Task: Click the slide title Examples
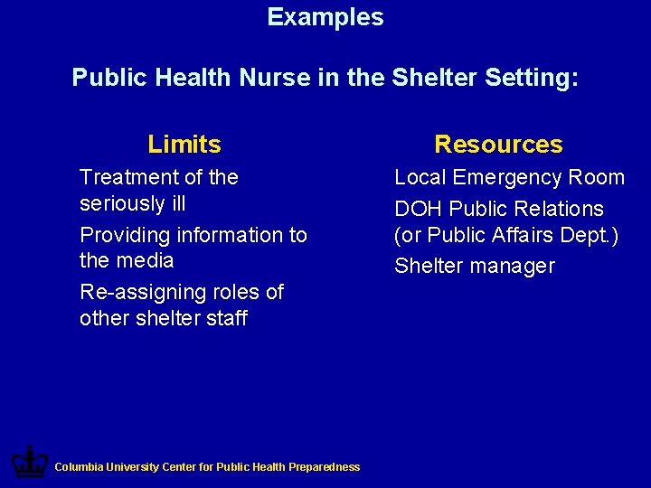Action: click(x=325, y=17)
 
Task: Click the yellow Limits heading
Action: click(x=184, y=145)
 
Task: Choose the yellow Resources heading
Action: click(x=498, y=145)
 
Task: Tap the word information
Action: click(x=231, y=235)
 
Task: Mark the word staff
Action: click(x=226, y=318)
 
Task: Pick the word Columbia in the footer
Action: click(x=79, y=467)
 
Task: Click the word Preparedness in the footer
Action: click(x=325, y=467)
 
